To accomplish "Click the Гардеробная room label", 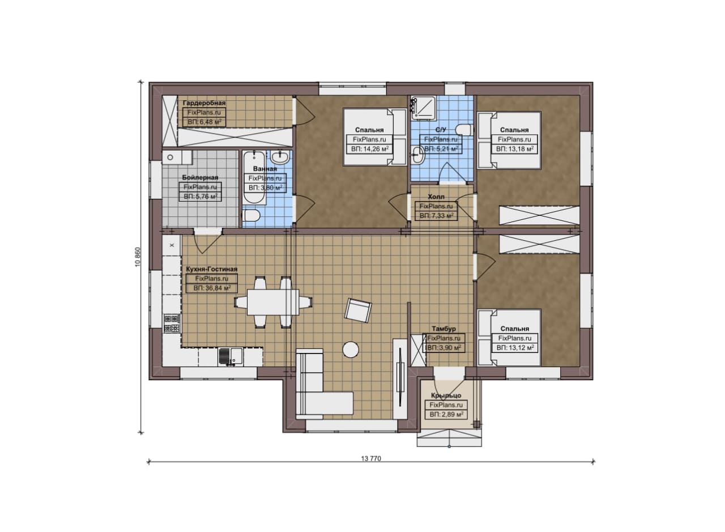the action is pyautogui.click(x=204, y=103).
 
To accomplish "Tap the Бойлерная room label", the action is pyautogui.click(x=200, y=177).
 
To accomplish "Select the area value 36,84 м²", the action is pyautogui.click(x=212, y=288).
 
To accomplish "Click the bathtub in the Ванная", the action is pyautogui.click(x=254, y=177).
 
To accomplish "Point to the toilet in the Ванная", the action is pyautogui.click(x=251, y=215).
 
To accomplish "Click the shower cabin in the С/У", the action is pyautogui.click(x=424, y=108).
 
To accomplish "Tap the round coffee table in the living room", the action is pyautogui.click(x=351, y=350).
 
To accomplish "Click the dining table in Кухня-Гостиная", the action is pyautogui.click(x=273, y=302).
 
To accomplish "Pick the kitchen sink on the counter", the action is pyautogui.click(x=230, y=357).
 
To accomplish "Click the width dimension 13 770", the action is pyautogui.click(x=371, y=458).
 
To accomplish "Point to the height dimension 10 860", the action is pyautogui.click(x=138, y=257).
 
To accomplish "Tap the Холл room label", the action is pyautogui.click(x=436, y=197).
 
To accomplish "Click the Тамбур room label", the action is pyautogui.click(x=443, y=329).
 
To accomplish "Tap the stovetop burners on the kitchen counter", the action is pyautogui.click(x=172, y=324).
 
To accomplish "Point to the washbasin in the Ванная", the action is pyautogui.click(x=280, y=158).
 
